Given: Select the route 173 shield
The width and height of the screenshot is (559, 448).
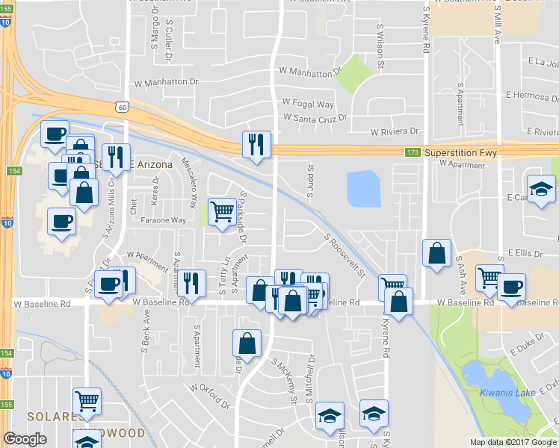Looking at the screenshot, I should pyautogui.click(x=410, y=152).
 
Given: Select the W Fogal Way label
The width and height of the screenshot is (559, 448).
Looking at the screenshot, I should pyautogui.click(x=308, y=104).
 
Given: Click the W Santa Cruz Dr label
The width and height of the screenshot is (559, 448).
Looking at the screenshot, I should pyautogui.click(x=316, y=117).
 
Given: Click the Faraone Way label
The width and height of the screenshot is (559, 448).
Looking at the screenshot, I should pyautogui.click(x=163, y=220).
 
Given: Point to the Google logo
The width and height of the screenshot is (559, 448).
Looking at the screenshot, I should pyautogui.click(x=25, y=439).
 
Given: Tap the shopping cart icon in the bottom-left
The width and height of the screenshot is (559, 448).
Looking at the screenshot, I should pyautogui.click(x=87, y=401).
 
